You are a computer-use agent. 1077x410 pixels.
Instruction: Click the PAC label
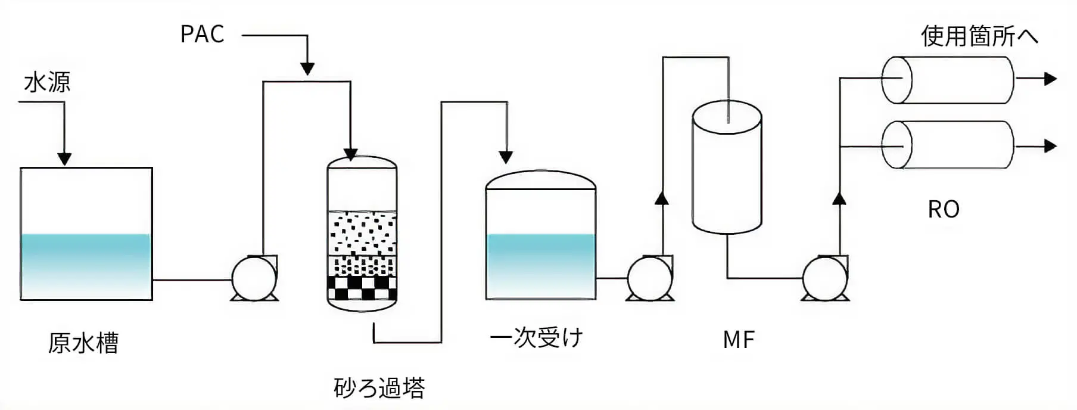pyautogui.click(x=202, y=35)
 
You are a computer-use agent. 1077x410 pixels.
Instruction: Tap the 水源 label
pyautogui.click(x=47, y=82)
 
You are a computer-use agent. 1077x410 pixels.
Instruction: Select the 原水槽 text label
pyautogui.click(x=83, y=343)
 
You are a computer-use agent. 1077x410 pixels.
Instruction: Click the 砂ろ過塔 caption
pyautogui.click(x=379, y=388)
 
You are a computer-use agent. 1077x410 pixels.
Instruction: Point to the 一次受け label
pyautogui.click(x=536, y=338)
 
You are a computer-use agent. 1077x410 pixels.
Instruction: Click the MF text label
pyautogui.click(x=739, y=340)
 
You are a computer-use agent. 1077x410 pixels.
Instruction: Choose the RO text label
pyautogui.click(x=944, y=209)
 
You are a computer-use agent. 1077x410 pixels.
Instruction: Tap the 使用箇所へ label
pyautogui.click(x=979, y=36)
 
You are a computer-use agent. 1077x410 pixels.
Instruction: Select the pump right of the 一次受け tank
pyautogui.click(x=650, y=278)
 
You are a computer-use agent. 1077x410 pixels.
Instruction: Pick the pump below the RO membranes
pyautogui.click(x=825, y=278)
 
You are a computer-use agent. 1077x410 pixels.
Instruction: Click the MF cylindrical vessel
pyautogui.click(x=727, y=170)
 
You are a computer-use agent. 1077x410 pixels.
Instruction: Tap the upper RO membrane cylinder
pyautogui.click(x=947, y=80)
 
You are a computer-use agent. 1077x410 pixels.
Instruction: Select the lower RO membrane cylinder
pyautogui.click(x=947, y=145)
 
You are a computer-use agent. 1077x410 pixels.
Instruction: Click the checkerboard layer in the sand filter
pyautogui.click(x=362, y=288)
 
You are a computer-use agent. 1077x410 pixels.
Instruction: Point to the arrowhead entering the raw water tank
pyautogui.click(x=64, y=159)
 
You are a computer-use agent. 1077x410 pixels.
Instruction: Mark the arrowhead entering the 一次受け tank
pyautogui.click(x=506, y=157)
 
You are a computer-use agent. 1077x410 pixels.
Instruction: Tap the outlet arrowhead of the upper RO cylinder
pyautogui.click(x=1050, y=79)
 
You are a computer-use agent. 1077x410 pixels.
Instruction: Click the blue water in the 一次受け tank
pyautogui.click(x=541, y=265)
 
